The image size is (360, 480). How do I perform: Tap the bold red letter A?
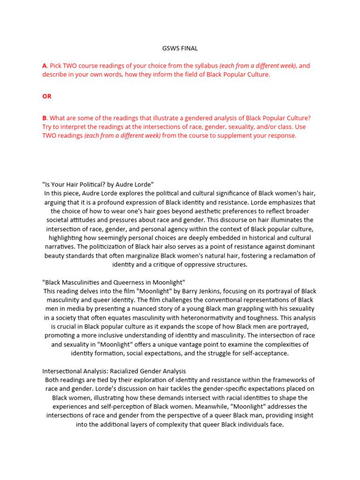tap(44, 66)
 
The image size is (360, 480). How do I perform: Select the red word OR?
tap(47, 96)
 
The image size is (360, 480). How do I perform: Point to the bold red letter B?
tap(44, 118)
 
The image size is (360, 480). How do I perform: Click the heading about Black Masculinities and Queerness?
tap(114, 282)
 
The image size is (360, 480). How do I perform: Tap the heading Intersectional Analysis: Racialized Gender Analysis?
tap(114, 371)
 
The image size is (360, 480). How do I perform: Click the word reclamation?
tap(291, 255)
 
